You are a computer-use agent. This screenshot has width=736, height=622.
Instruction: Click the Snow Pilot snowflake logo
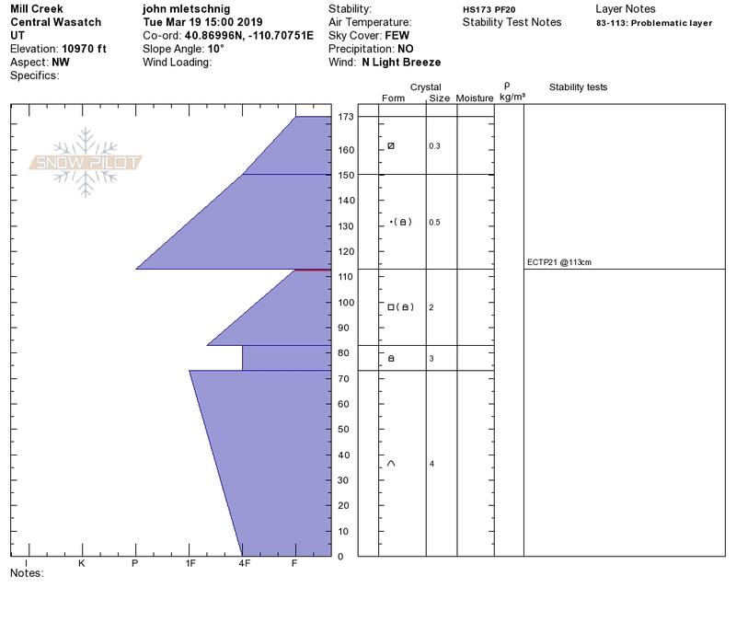pos(85,163)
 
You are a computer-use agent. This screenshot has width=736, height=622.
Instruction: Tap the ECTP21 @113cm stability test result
pos(559,262)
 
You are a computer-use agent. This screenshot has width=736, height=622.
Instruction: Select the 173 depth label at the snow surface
pos(346,117)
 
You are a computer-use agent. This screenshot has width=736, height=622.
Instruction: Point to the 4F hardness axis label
pos(244,563)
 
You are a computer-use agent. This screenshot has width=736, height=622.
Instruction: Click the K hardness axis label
pos(81,563)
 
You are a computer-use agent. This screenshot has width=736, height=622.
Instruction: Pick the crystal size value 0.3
pos(434,146)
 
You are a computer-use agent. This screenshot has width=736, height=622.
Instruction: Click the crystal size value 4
pos(431,464)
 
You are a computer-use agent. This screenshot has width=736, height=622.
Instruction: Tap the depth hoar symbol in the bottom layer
pos(391,464)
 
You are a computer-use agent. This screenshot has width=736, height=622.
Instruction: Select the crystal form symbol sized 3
pos(391,358)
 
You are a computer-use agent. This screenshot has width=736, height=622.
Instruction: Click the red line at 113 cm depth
pos(313,270)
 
